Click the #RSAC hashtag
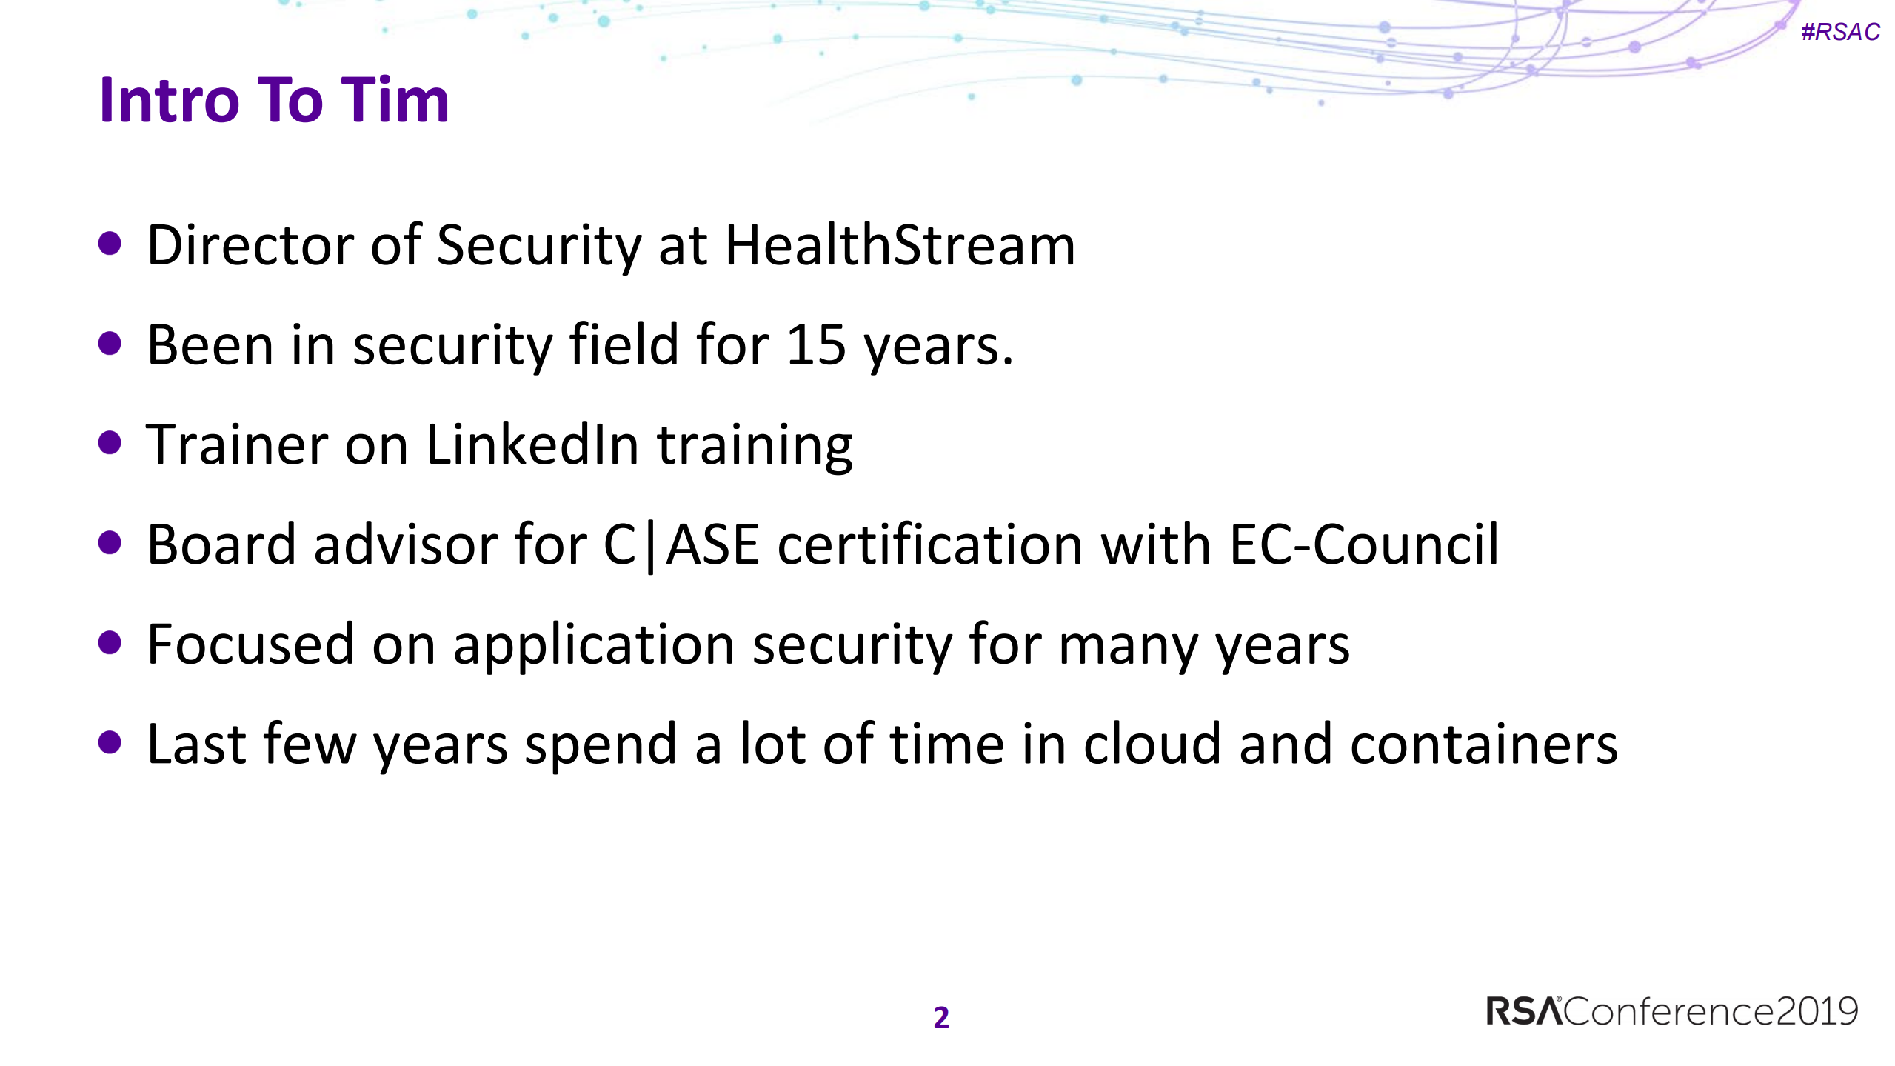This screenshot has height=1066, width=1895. (x=1840, y=32)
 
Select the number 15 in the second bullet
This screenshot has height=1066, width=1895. (x=815, y=345)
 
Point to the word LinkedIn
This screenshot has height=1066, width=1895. (x=532, y=445)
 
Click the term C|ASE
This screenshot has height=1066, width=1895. (x=681, y=545)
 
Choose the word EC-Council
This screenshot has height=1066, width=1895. (x=1364, y=545)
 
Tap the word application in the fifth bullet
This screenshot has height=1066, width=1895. (x=594, y=644)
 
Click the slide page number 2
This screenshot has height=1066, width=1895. (x=941, y=1018)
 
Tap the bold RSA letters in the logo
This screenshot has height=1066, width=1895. (x=1523, y=1012)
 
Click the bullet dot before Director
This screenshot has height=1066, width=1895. (x=110, y=244)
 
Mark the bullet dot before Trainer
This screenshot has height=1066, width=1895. (x=110, y=443)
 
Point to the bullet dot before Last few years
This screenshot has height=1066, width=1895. (x=110, y=742)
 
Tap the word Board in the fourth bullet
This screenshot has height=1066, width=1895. (x=221, y=545)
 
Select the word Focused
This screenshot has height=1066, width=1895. (x=250, y=644)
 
